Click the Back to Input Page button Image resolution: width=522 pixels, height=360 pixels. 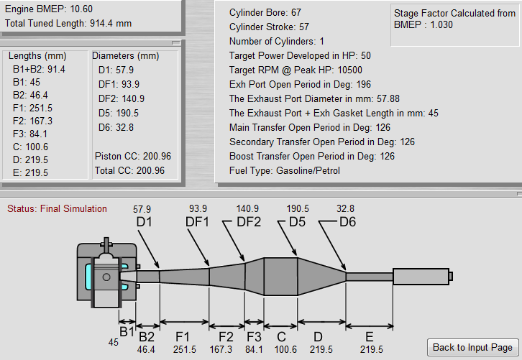(x=472, y=347)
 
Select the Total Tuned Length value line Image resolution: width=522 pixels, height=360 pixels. (x=68, y=23)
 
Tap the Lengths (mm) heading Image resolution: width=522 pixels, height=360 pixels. (x=37, y=56)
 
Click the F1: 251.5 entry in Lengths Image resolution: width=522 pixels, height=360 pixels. (x=32, y=107)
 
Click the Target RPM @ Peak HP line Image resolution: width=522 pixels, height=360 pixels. (x=296, y=70)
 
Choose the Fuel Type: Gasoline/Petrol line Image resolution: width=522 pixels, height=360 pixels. (x=284, y=170)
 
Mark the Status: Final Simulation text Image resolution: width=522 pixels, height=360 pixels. (x=57, y=209)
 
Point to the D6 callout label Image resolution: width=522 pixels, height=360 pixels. (x=347, y=222)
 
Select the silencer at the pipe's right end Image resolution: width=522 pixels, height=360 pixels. (x=421, y=276)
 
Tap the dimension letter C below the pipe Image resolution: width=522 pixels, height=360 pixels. (x=280, y=336)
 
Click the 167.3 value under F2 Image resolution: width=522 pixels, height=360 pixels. (x=226, y=349)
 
